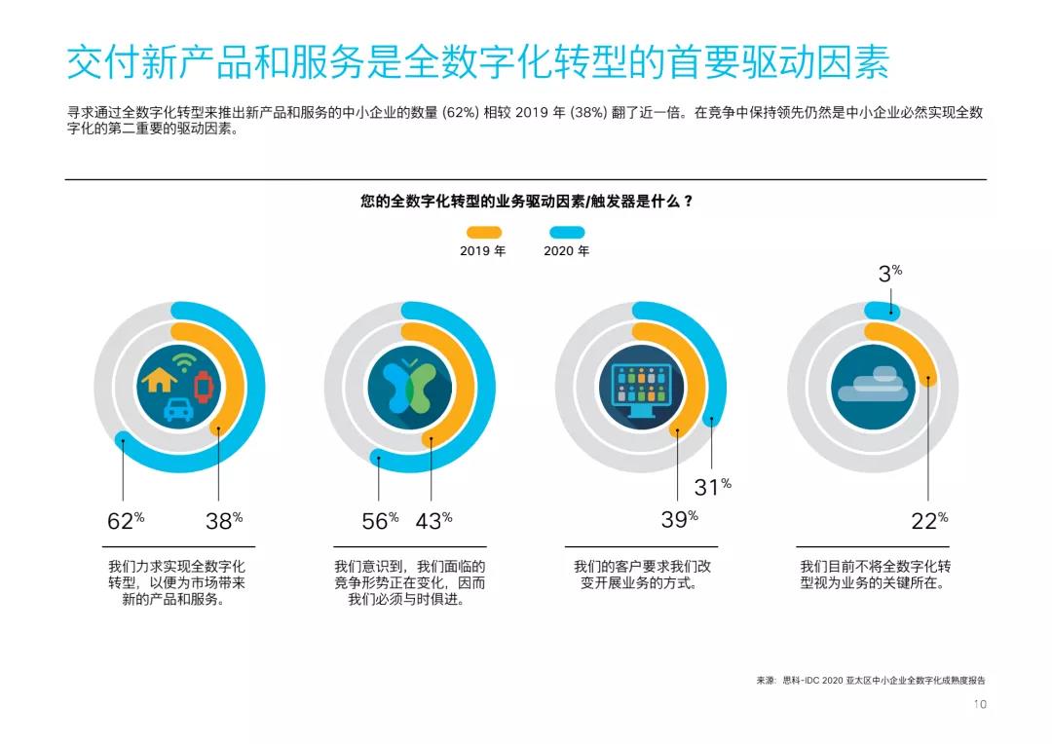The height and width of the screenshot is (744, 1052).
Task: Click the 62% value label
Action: pos(126,521)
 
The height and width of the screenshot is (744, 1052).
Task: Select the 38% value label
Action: pos(224,521)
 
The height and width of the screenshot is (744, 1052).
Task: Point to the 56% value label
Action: pos(380,521)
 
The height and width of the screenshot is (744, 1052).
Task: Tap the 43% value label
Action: pos(433,521)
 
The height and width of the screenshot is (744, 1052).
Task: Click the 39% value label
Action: pos(679,520)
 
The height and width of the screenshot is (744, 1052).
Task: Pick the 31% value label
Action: pos(712,487)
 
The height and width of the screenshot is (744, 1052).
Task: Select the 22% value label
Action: pos(929,521)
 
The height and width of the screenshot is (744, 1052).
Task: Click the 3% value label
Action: pos(889,274)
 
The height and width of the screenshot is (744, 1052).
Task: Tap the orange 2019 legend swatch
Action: pos(483,233)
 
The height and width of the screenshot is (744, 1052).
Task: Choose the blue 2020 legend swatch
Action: pos(567,233)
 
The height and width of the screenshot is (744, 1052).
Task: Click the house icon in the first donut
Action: pos(159,379)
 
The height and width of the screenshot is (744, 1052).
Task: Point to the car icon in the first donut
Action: pos(178,409)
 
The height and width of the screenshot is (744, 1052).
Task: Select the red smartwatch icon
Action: pos(203,387)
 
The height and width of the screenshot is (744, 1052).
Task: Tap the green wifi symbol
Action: pos(181,363)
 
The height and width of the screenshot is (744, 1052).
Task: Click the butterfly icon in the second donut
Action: pos(408,386)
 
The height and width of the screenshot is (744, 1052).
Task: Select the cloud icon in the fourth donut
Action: pos(872,386)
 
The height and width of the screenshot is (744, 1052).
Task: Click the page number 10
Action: pos(980,704)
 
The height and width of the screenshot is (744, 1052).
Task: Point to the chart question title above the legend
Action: pos(526,202)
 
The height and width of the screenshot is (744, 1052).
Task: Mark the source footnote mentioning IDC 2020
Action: pos(877,681)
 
